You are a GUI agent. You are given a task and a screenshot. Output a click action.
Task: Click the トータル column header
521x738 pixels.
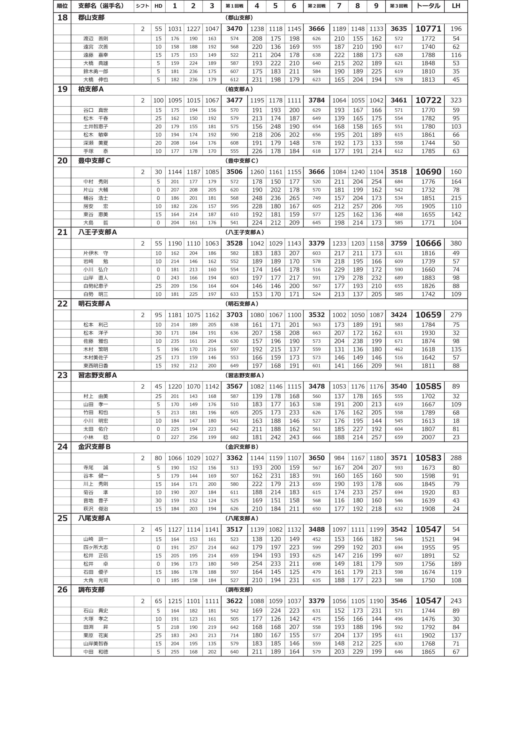click(428, 6)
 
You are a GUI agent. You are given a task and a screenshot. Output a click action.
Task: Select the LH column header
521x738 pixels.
click(456, 6)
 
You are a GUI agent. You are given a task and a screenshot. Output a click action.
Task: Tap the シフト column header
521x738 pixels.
click(142, 6)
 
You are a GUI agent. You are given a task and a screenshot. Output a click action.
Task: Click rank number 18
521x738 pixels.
click(62, 18)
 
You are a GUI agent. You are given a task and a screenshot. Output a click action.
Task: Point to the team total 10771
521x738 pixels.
click(428, 29)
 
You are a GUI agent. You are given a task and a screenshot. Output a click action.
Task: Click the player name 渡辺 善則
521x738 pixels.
click(96, 39)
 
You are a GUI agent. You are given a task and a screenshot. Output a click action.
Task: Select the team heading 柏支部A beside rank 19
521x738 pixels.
click(91, 89)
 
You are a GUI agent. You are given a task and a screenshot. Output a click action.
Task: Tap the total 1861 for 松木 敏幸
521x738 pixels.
click(428, 135)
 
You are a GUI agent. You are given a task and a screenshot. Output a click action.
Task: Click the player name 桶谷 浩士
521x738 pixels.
click(96, 198)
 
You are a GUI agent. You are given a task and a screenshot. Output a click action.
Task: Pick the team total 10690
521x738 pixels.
click(428, 172)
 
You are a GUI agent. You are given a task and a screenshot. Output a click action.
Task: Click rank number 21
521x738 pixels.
click(62, 232)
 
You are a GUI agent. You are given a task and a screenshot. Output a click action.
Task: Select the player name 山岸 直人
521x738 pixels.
click(96, 278)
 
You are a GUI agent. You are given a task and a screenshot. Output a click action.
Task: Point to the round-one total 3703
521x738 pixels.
click(234, 315)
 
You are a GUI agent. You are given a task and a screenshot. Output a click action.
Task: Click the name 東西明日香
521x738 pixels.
click(96, 366)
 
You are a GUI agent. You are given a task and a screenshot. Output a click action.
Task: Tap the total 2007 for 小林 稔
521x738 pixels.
click(428, 437)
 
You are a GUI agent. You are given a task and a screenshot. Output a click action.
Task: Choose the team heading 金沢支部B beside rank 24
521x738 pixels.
click(94, 447)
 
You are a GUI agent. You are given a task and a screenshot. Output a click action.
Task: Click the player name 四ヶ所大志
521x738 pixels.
click(96, 547)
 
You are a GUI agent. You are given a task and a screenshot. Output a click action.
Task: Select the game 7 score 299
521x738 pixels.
click(339, 547)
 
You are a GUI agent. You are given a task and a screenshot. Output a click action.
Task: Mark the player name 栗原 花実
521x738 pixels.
click(96, 635)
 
